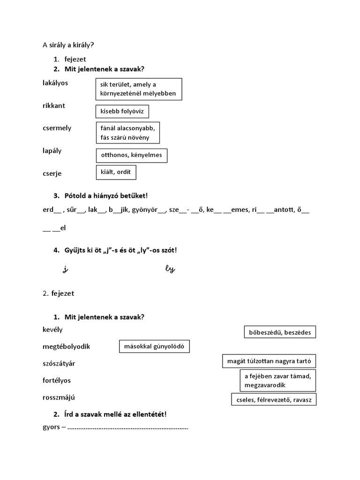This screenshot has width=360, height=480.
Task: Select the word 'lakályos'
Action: [55, 83]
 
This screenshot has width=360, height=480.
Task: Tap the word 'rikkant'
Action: [54, 105]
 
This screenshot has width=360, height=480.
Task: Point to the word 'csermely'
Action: [57, 128]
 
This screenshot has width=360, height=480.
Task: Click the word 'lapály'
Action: [52, 151]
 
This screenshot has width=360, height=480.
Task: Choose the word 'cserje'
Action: [52, 173]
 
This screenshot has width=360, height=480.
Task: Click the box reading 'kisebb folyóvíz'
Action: [122, 111]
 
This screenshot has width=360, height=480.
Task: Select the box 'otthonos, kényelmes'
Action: [131, 156]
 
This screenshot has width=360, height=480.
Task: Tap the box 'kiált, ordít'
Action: [116, 172]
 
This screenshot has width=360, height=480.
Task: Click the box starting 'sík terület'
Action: [138, 89]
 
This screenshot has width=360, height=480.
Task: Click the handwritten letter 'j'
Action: [65, 269]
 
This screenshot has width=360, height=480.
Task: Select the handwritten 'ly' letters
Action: [170, 269]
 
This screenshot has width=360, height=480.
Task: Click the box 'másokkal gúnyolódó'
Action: [155, 347]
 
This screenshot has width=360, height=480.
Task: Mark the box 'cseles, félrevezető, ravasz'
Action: [274, 399]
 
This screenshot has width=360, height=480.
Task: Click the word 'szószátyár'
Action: [59, 363]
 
